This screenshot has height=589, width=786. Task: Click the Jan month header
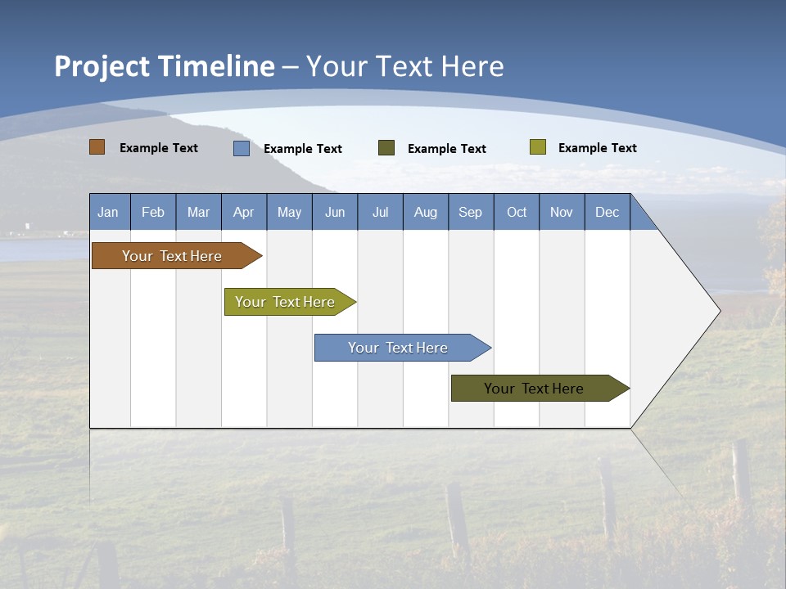click(x=109, y=212)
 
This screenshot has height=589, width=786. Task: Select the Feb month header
click(x=153, y=212)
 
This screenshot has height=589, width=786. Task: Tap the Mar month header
click(x=198, y=212)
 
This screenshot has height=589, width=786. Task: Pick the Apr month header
click(x=244, y=212)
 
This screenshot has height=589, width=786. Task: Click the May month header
click(x=289, y=212)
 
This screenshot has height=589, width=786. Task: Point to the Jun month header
click(x=335, y=212)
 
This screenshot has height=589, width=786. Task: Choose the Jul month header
click(x=380, y=212)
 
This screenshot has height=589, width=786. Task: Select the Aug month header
click(x=426, y=212)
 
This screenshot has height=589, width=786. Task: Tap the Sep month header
click(x=471, y=212)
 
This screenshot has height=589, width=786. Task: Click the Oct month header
click(x=517, y=212)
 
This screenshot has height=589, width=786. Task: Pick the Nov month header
click(x=562, y=212)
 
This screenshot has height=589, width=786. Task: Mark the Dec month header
click(x=608, y=212)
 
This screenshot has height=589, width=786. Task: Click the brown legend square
click(x=97, y=147)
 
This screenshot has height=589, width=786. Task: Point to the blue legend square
click(x=242, y=148)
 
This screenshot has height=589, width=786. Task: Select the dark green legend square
click(x=386, y=148)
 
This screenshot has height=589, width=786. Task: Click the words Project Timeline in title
click(x=165, y=66)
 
